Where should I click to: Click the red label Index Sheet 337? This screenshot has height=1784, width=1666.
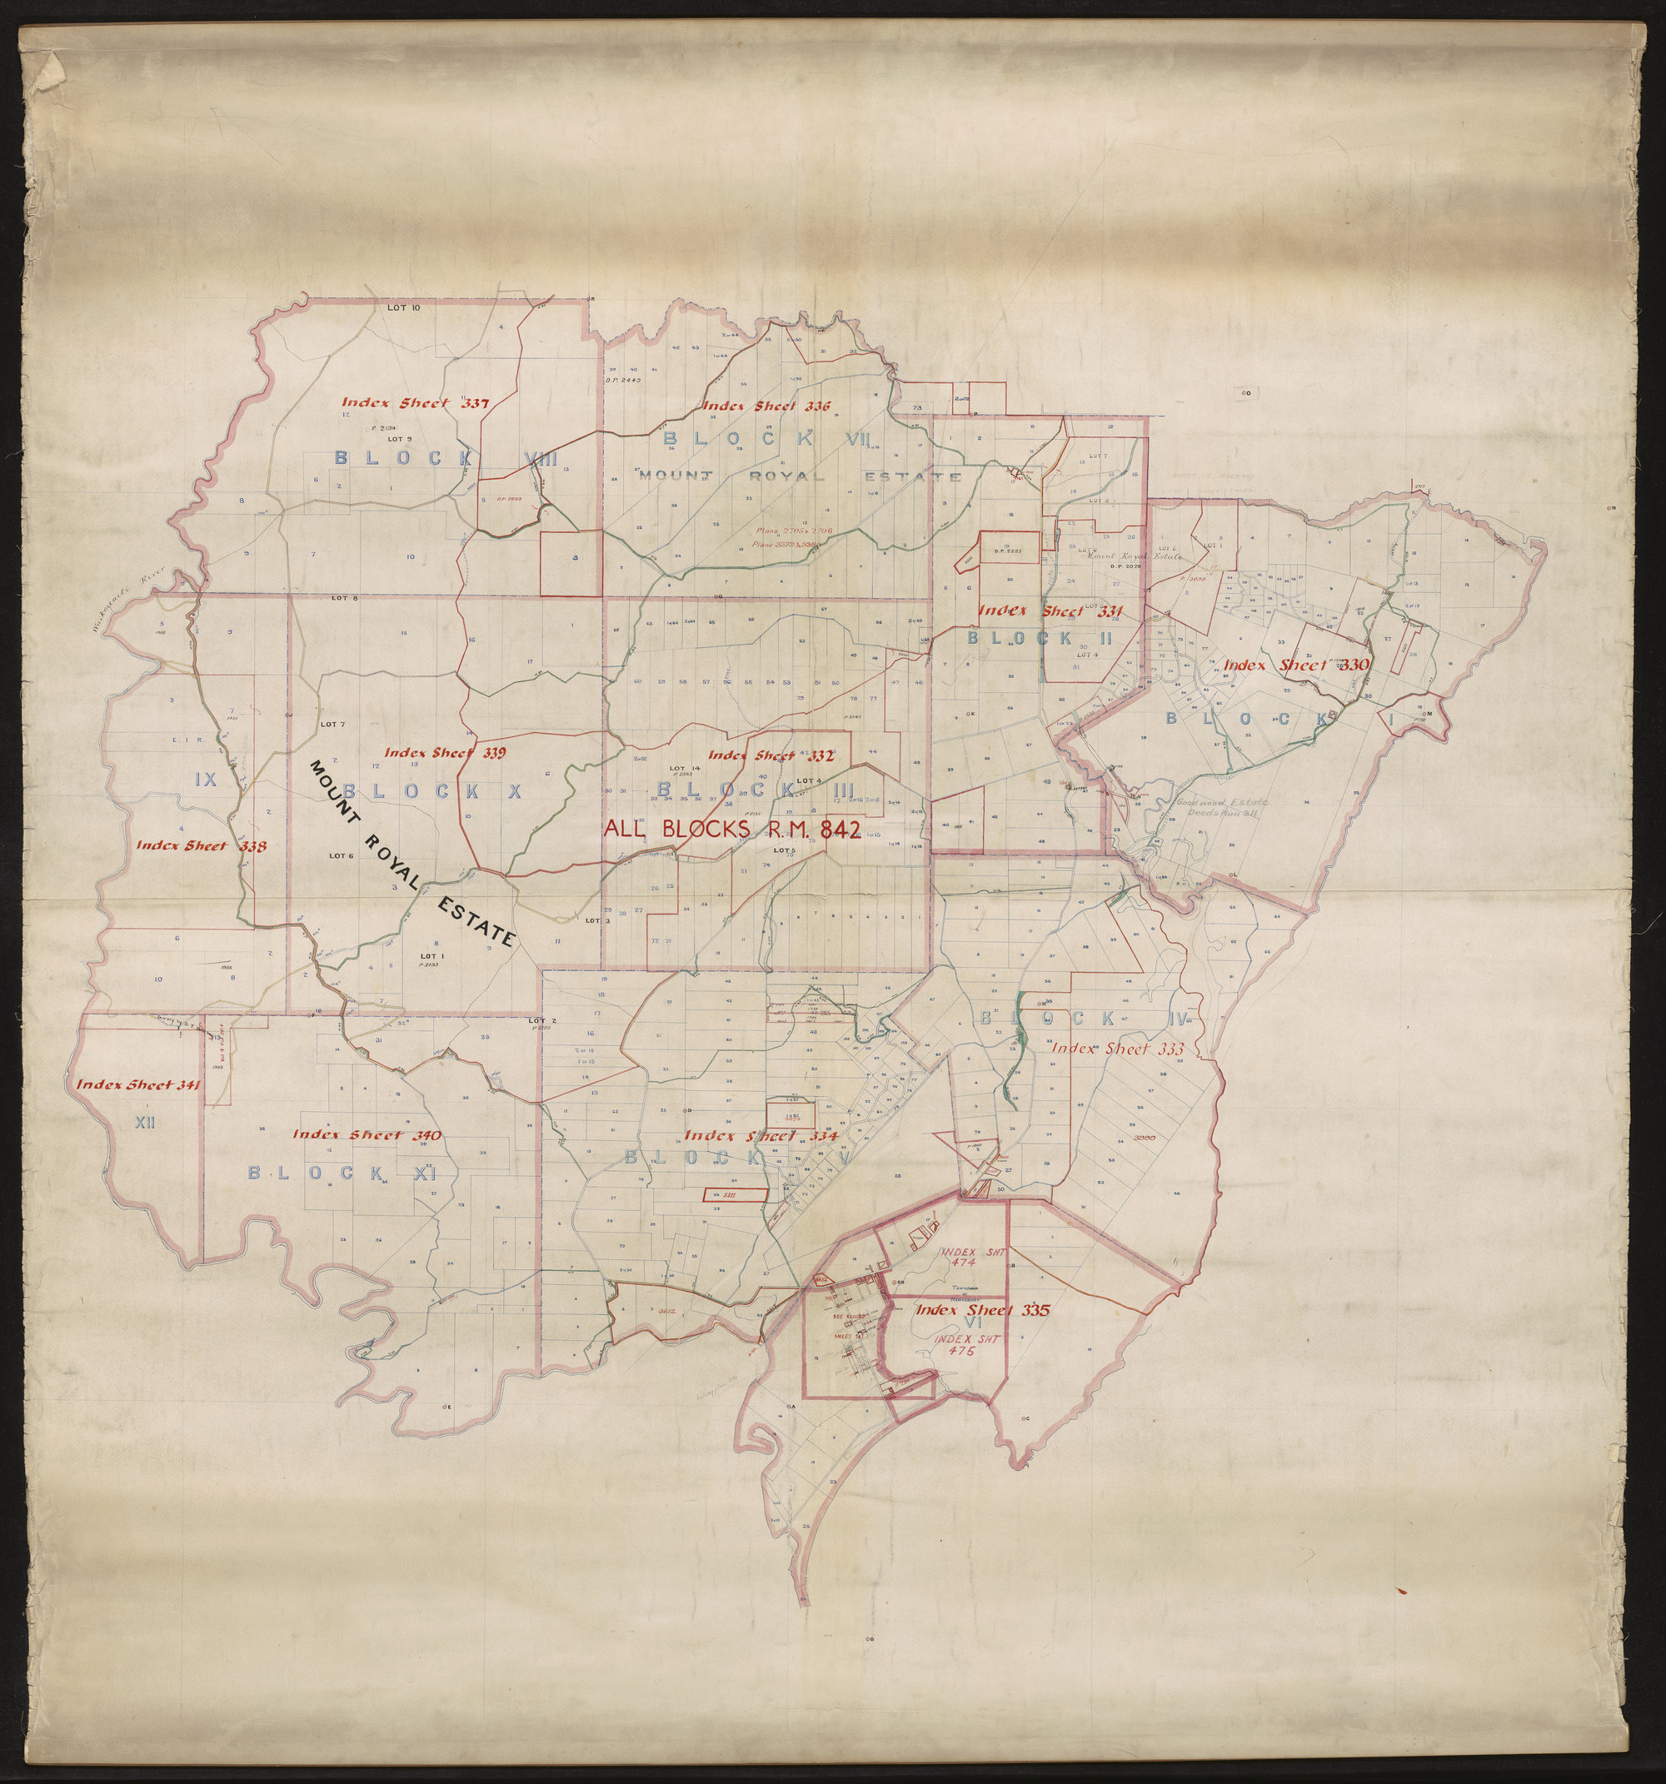pyautogui.click(x=415, y=403)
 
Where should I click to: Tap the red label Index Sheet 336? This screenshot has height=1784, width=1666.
pyautogui.click(x=766, y=406)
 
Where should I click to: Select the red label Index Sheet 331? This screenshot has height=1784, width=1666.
pyautogui.click(x=1050, y=610)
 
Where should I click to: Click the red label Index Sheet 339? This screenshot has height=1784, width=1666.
pyautogui.click(x=444, y=752)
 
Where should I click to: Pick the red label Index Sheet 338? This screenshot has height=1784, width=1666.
pyautogui.click(x=201, y=845)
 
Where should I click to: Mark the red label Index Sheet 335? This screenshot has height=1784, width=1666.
pyautogui.click(x=981, y=1309)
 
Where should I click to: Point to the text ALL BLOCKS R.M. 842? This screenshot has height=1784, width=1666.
pyautogui.click(x=732, y=828)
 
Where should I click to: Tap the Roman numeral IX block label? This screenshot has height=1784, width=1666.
pyautogui.click(x=207, y=779)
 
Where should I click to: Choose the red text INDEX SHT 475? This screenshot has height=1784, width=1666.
pyautogui.click(x=965, y=1348)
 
